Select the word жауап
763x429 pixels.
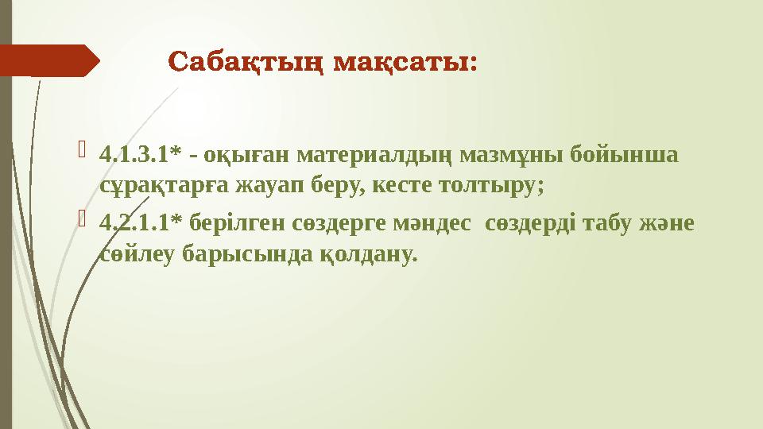[x=258, y=186]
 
